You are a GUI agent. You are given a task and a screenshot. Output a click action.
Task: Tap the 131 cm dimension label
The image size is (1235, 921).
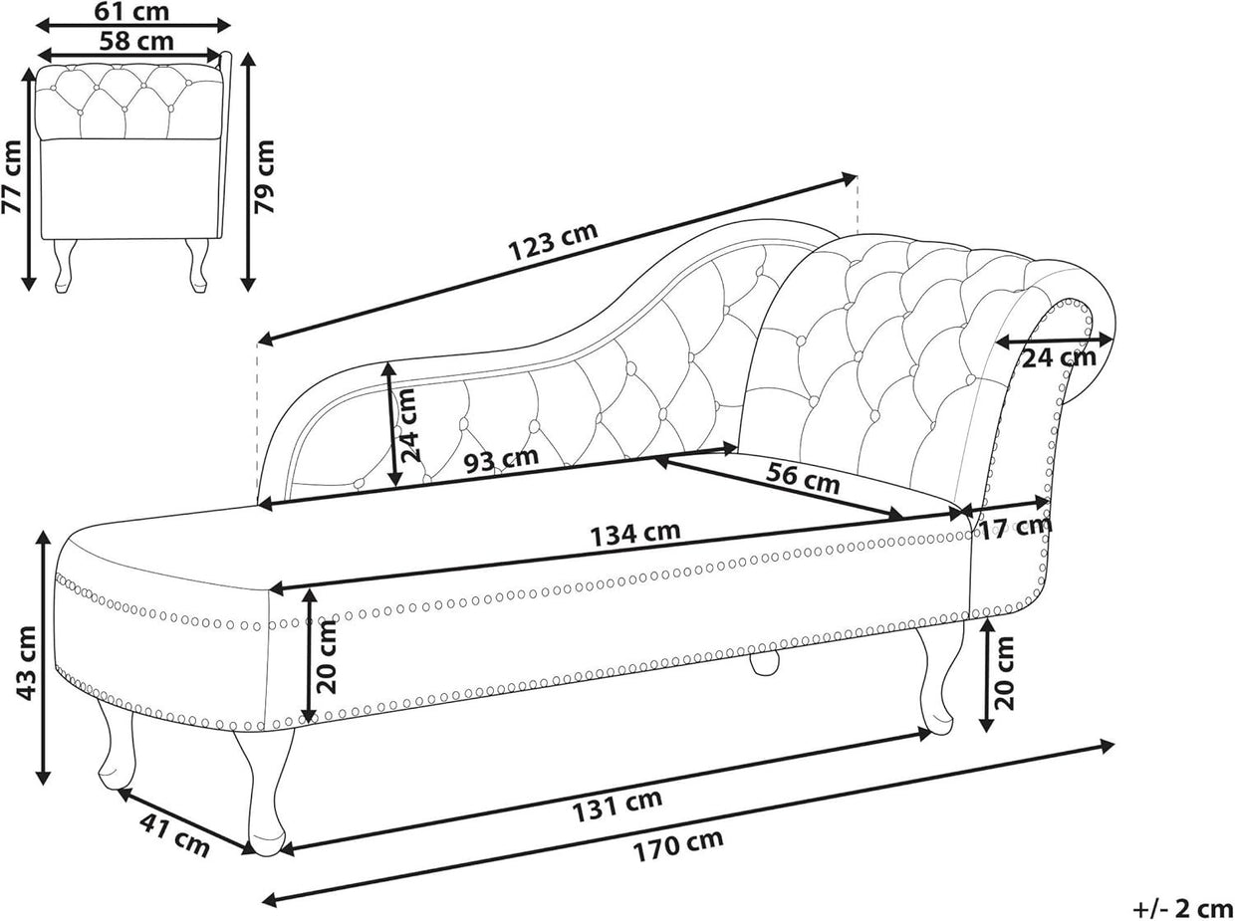[617, 805]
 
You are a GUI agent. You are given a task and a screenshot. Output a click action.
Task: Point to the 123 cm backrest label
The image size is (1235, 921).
[553, 241]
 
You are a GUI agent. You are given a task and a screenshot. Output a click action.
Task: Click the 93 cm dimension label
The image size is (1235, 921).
[501, 459]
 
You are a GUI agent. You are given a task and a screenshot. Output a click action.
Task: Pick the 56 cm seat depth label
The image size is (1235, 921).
[803, 477]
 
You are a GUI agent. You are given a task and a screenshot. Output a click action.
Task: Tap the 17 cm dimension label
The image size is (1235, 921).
[1015, 528]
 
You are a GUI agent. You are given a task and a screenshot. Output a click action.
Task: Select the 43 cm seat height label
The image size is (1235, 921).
[27, 663]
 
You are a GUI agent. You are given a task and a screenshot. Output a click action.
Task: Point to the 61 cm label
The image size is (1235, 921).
[131, 12]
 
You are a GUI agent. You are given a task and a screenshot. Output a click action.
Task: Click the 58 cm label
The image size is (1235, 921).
[136, 41]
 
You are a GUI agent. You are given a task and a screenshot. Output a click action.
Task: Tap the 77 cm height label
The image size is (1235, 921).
[12, 176]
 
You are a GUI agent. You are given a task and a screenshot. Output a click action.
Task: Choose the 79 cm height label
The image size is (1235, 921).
[264, 176]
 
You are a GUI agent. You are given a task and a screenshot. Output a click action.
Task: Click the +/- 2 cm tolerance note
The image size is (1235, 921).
[1182, 909]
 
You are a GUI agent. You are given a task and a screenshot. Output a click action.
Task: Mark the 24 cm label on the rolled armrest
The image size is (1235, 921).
[1059, 357]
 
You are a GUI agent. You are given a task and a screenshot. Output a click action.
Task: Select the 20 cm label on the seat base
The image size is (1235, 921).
[325, 656]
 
